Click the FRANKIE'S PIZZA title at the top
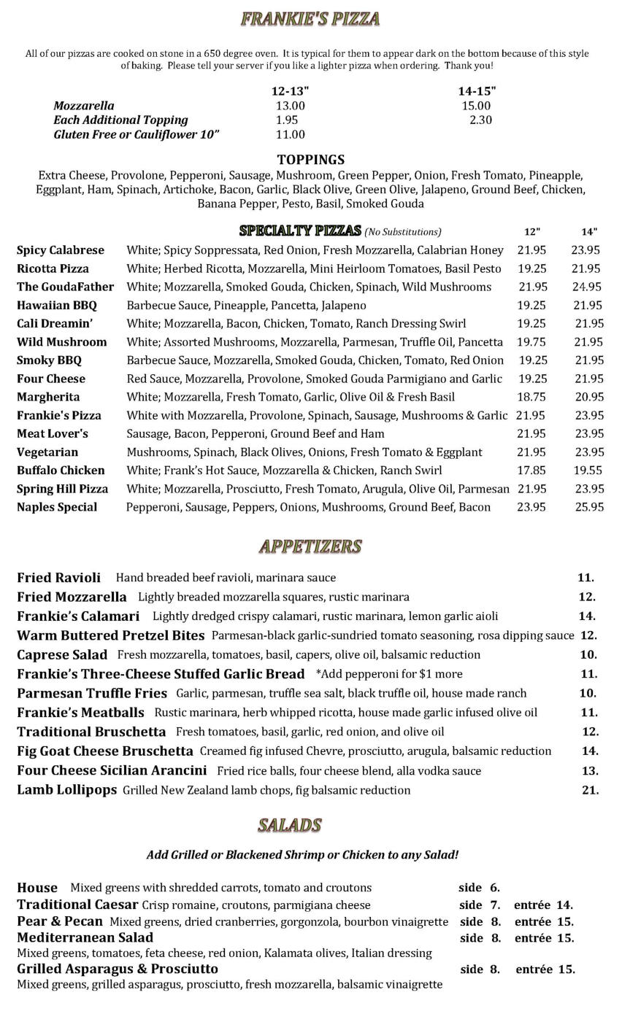[310, 19]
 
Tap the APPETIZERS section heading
[310, 546]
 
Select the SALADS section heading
[290, 825]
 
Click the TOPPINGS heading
[310, 160]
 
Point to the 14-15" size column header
[477, 91]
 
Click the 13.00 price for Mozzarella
[290, 106]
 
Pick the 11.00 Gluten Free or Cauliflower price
[290, 134]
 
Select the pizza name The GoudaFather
[65, 287]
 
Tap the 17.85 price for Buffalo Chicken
[531, 471]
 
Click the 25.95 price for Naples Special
[589, 507]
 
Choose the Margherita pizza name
[48, 397]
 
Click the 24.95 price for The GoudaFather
[587, 287]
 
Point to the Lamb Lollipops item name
[66, 790]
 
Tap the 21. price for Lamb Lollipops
[590, 790]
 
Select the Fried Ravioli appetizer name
[58, 578]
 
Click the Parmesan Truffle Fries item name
[92, 693]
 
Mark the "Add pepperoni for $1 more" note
[388, 674]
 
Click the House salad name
[37, 888]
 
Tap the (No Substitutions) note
[403, 232]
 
